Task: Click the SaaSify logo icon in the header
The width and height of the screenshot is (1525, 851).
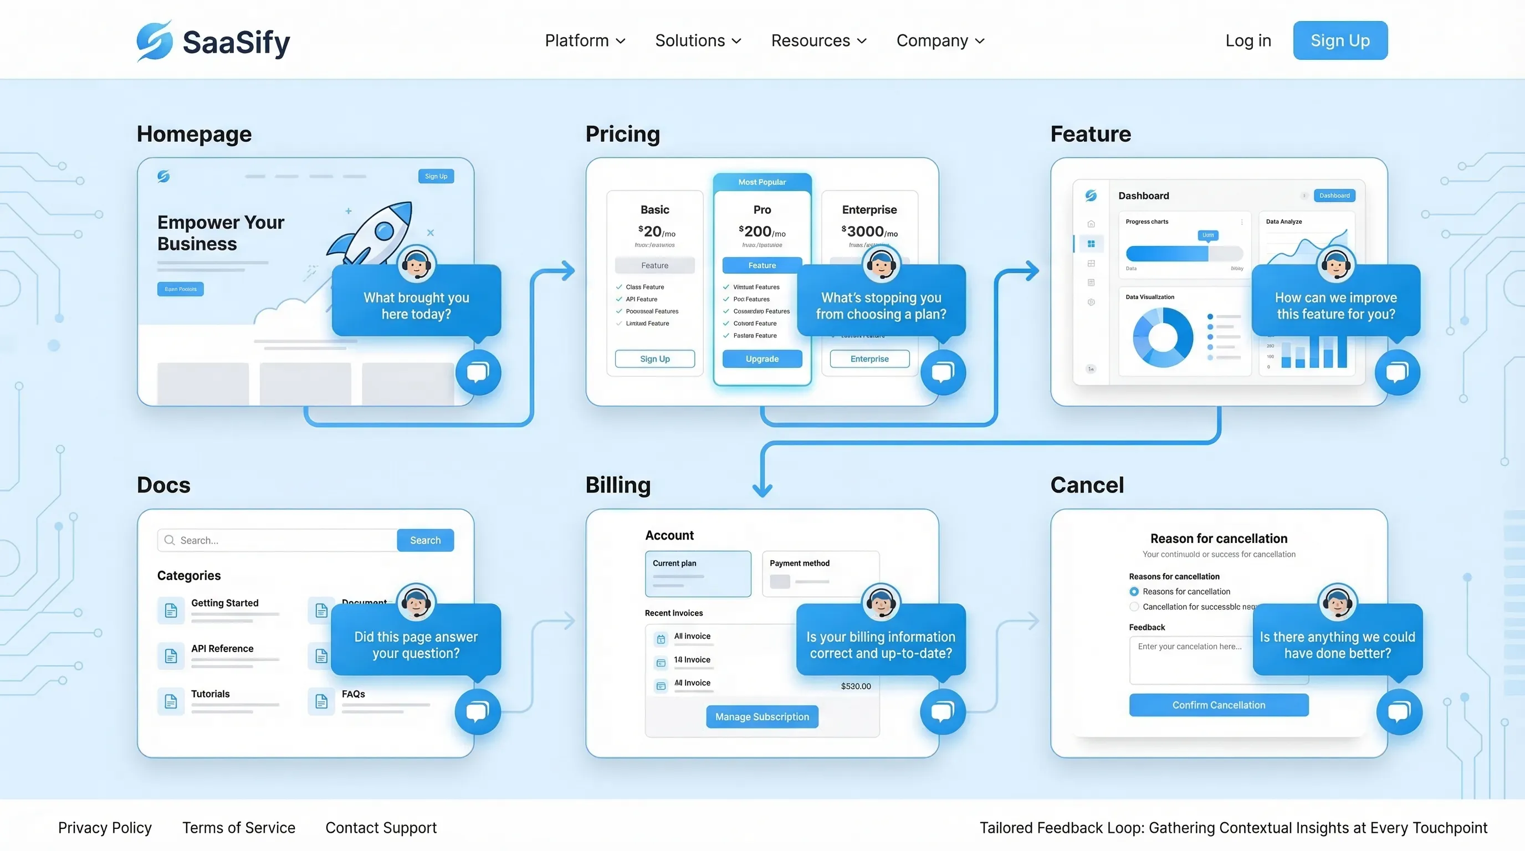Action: point(155,40)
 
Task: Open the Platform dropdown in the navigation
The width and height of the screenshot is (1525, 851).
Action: point(584,40)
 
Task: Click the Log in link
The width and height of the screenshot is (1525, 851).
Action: point(1248,40)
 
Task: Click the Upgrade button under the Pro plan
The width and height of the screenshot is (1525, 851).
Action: point(762,358)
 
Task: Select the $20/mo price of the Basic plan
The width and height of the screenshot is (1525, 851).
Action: point(656,232)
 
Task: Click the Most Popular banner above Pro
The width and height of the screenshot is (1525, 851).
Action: point(762,182)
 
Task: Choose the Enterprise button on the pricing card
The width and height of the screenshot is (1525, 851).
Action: point(869,358)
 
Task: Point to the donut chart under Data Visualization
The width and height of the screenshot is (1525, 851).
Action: point(1163,337)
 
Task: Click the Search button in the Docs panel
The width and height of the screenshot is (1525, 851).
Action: point(425,540)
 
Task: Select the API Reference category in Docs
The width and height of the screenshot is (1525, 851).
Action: point(222,649)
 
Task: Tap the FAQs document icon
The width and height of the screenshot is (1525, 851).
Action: point(321,701)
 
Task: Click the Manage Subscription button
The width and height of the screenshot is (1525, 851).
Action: point(762,717)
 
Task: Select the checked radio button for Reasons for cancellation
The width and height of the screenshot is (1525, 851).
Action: point(1134,591)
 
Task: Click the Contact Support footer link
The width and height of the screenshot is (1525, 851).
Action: point(381,827)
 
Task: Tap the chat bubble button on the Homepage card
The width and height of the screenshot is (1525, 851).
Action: point(478,372)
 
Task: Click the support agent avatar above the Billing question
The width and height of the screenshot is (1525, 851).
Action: point(881,602)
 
